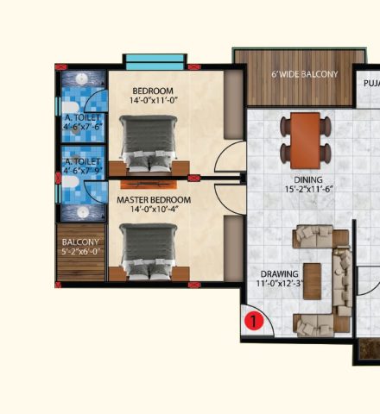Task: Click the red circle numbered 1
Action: click(x=254, y=321)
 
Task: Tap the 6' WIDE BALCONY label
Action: click(x=305, y=74)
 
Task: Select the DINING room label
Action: click(x=308, y=180)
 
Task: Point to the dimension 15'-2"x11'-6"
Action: click(x=308, y=190)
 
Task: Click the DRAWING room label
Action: click(x=279, y=274)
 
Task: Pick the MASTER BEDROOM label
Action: click(x=154, y=200)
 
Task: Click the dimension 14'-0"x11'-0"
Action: click(x=153, y=100)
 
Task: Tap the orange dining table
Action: click(x=305, y=141)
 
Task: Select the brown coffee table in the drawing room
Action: click(x=313, y=281)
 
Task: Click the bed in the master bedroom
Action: click(x=149, y=253)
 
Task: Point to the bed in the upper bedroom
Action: click(x=149, y=145)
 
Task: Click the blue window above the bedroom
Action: click(x=155, y=62)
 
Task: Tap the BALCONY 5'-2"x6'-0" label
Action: click(x=80, y=247)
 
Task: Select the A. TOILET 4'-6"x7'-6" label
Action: click(x=83, y=122)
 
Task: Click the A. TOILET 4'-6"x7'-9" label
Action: click(x=83, y=166)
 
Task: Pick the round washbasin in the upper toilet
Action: click(x=82, y=78)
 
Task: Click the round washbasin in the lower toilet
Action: click(x=83, y=211)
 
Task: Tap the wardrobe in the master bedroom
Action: click(x=233, y=248)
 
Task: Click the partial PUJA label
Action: click(x=371, y=84)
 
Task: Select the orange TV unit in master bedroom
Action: click(x=149, y=185)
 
